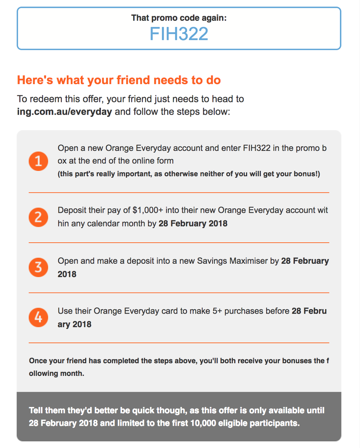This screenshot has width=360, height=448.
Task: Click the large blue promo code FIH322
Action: [179, 34]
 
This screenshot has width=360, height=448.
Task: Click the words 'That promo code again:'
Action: [179, 18]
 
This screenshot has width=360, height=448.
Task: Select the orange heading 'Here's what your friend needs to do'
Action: [119, 80]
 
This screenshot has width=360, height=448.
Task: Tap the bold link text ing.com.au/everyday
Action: [64, 112]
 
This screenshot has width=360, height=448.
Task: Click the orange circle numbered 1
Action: [38, 161]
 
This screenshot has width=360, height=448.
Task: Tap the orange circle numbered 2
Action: [38, 217]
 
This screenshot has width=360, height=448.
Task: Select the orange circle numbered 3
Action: [38, 267]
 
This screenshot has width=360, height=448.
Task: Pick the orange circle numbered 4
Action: [38, 317]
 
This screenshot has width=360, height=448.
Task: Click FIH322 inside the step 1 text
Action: [257, 148]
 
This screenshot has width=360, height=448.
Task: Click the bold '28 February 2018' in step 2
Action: [193, 224]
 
